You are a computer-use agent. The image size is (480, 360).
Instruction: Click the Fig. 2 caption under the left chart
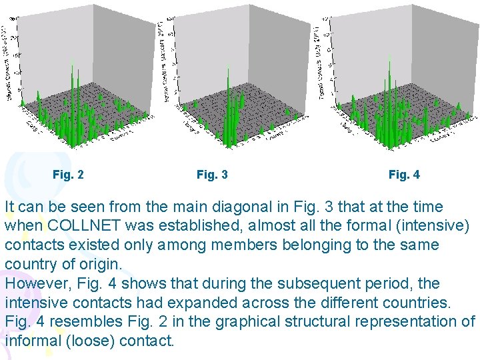68,175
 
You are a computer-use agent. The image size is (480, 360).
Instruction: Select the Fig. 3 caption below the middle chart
212,175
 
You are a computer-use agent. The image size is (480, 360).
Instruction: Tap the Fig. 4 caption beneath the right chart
404,175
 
